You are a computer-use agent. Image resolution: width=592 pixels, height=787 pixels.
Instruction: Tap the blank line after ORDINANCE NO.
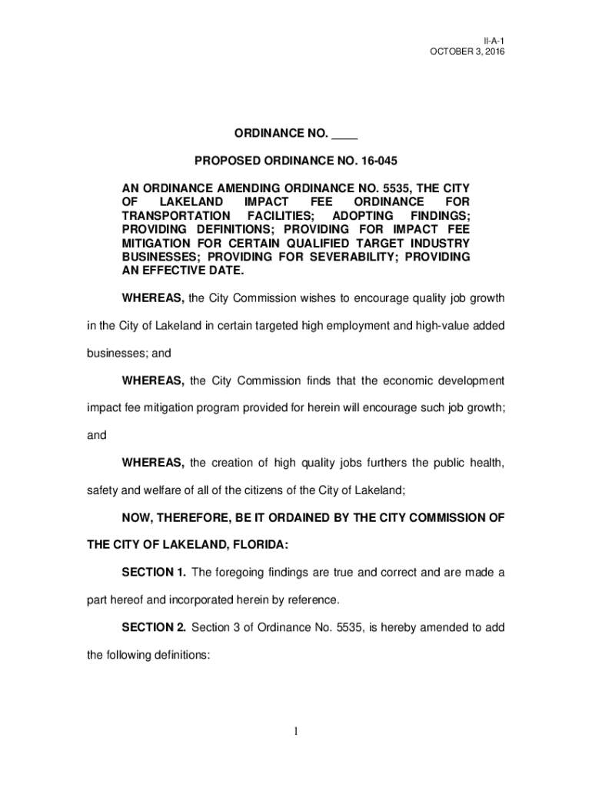344,134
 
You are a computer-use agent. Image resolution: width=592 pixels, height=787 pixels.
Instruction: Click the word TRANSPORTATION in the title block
176,215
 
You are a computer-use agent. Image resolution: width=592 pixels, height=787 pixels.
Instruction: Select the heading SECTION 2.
154,627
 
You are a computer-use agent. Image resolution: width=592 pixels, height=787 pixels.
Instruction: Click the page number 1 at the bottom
295,731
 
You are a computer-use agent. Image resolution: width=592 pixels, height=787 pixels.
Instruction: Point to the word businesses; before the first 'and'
116,353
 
